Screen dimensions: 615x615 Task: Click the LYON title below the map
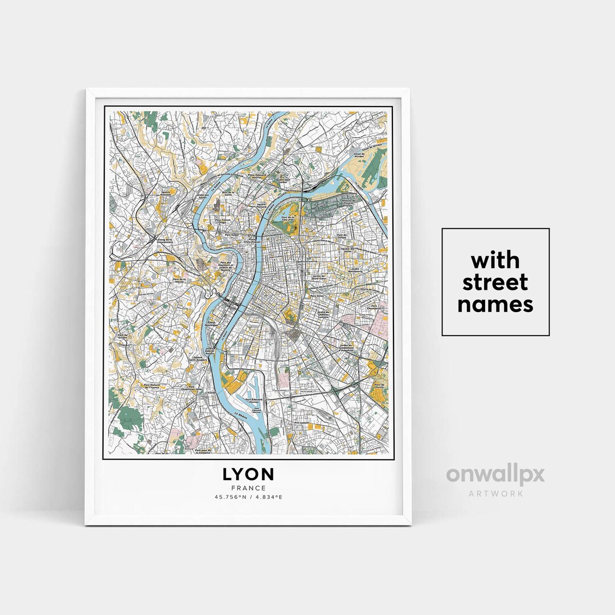pos(248,474)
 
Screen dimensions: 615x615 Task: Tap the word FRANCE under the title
pos(248,488)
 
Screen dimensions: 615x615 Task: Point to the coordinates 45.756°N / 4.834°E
pos(248,497)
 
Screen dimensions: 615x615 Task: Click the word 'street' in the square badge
pos(495,282)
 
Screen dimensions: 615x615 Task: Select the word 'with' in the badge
pos(495,260)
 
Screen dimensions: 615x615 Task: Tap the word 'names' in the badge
pos(495,305)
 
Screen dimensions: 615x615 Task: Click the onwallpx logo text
pos(495,475)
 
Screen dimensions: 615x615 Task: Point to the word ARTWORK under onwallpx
pos(495,493)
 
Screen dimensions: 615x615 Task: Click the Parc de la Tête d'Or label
pos(290,218)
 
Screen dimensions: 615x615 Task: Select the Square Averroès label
pos(165,193)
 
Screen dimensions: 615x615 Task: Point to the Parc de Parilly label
pos(379,387)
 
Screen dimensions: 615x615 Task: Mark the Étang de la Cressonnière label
pos(165,241)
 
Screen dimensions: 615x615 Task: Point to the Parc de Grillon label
pos(122,336)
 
